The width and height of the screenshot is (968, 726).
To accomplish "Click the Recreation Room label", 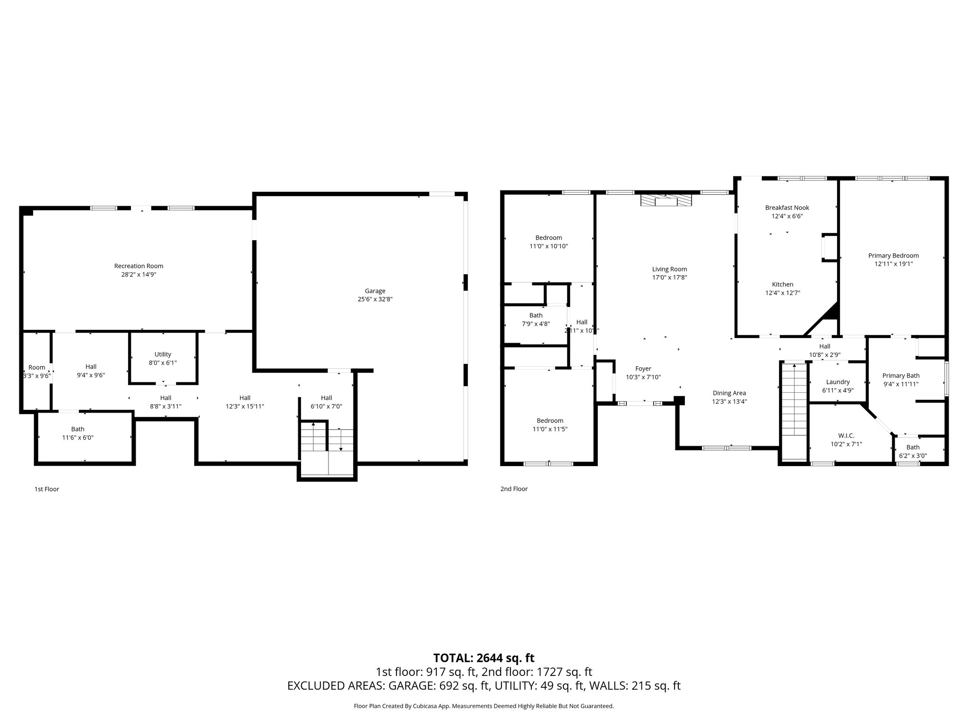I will (138, 266).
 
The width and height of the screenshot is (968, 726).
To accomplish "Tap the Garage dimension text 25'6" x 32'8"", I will (375, 299).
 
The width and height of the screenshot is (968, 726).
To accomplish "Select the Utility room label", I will (163, 354).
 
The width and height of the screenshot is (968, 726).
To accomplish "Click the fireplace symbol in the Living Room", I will (665, 201).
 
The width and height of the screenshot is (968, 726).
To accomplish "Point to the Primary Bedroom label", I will (893, 256).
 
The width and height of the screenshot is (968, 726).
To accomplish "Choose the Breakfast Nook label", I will (787, 207).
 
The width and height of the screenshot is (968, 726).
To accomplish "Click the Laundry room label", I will (838, 382).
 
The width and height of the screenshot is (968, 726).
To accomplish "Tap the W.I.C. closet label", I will (846, 436).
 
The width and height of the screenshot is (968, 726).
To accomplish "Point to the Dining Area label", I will (729, 393).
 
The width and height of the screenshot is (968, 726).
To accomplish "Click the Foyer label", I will (643, 369).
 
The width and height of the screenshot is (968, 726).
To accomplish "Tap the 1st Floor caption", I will (47, 489).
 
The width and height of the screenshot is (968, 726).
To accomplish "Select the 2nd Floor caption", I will (514, 489).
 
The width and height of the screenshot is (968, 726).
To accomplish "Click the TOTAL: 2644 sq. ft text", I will (484, 658).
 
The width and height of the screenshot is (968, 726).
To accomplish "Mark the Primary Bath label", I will (900, 376).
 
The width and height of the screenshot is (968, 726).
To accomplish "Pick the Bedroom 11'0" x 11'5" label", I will (550, 421).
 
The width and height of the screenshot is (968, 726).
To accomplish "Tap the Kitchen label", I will (782, 285).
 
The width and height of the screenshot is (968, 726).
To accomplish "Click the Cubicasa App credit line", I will (484, 706).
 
